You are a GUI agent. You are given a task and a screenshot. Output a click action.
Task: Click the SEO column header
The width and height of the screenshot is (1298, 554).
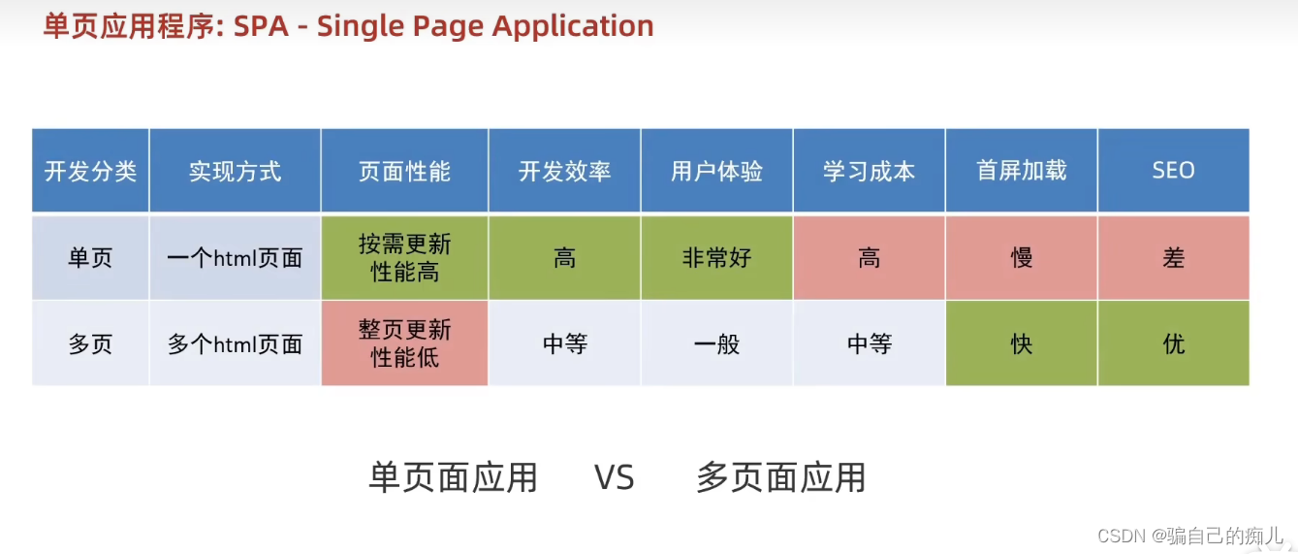(1173, 171)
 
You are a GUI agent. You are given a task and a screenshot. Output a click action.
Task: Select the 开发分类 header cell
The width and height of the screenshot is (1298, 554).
(90, 171)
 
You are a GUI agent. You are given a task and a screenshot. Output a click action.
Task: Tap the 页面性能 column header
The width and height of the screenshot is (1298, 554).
(404, 171)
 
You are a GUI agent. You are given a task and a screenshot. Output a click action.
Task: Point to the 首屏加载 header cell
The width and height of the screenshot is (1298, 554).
(1021, 171)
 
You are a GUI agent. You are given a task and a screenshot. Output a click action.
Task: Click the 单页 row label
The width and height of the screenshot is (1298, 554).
(90, 258)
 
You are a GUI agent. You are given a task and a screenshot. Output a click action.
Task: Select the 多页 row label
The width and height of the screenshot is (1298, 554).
(90, 343)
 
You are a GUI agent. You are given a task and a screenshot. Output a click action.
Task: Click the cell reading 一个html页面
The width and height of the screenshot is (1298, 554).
(235, 258)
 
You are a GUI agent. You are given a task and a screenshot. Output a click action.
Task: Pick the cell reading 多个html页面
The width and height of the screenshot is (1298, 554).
(235, 343)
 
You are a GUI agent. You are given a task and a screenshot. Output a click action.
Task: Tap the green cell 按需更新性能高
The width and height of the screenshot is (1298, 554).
(404, 258)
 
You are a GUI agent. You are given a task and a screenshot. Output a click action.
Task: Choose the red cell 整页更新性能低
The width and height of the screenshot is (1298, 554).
(404, 343)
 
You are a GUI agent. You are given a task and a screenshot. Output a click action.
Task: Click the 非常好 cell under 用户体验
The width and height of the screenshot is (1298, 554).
(716, 258)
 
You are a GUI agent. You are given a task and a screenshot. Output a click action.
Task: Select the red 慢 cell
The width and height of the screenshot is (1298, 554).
(1021, 258)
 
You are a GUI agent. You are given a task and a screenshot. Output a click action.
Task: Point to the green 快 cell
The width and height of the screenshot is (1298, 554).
(1021, 343)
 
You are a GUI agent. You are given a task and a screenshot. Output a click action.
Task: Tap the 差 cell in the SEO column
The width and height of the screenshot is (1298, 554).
(1173, 258)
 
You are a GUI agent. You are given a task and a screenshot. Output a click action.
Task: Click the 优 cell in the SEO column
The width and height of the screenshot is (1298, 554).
(1173, 343)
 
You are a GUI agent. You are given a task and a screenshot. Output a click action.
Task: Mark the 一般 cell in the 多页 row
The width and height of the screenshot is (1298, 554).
(716, 343)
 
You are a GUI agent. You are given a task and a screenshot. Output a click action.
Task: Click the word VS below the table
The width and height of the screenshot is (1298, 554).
(614, 477)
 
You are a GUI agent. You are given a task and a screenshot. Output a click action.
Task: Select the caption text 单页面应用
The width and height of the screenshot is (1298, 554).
(453, 477)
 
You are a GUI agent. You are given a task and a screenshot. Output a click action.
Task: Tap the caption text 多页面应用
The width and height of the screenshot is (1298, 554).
(780, 477)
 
